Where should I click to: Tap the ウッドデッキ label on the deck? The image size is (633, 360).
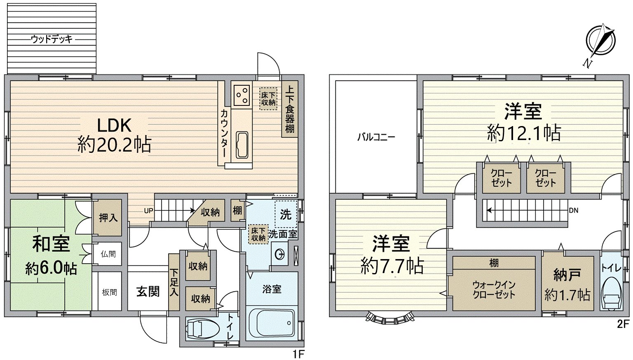52,40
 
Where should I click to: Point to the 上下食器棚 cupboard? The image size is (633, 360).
290,109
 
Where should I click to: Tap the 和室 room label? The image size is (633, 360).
51,244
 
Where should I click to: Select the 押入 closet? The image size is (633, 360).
108,217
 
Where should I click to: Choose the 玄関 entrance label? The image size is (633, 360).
148,291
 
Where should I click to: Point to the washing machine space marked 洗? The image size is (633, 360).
286,214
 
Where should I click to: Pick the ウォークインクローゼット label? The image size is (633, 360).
494,290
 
